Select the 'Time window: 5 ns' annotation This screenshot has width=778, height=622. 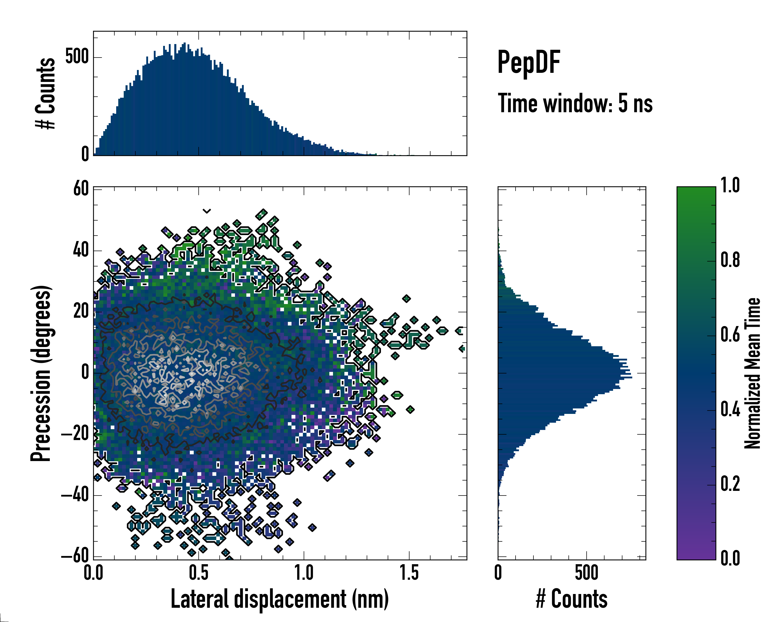click(575, 103)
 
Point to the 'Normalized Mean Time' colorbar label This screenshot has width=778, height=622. click(752, 373)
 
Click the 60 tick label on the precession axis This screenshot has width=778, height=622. click(81, 189)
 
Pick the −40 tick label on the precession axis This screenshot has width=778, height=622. click(75, 495)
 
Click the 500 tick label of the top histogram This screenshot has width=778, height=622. click(77, 57)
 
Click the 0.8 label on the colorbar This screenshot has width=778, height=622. click(730, 260)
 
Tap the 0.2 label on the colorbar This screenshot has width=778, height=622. click(730, 484)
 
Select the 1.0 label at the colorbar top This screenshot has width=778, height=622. click(730, 186)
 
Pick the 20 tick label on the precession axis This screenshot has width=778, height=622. click(81, 311)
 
